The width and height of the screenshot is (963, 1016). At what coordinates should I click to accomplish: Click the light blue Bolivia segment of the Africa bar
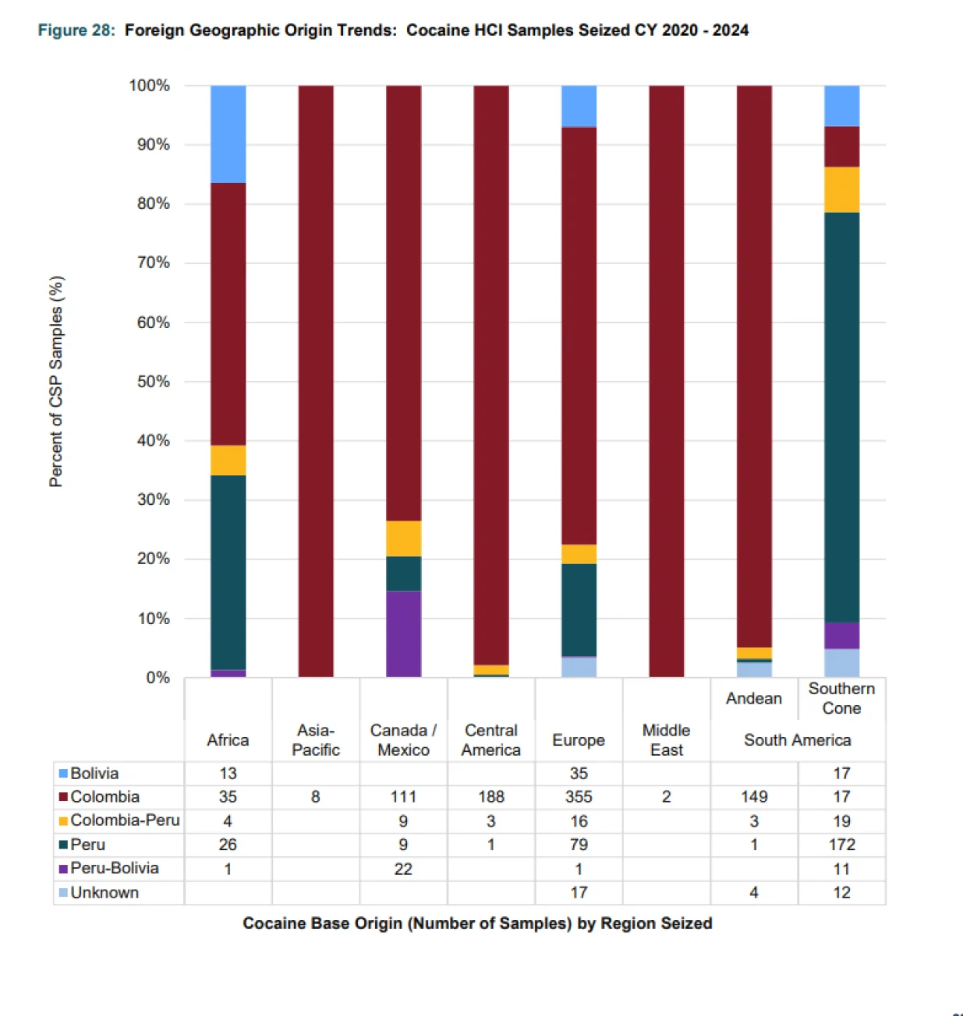(x=228, y=134)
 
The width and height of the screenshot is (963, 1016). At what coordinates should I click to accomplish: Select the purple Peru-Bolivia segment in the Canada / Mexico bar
(x=403, y=634)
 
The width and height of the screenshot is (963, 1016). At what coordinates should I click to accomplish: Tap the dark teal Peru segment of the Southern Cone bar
(x=841, y=417)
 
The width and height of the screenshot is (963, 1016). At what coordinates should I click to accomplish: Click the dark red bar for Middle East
(x=666, y=381)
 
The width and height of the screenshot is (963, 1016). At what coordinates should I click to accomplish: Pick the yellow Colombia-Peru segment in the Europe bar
(x=579, y=554)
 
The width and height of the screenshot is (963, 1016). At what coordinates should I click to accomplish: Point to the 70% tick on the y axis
(x=153, y=263)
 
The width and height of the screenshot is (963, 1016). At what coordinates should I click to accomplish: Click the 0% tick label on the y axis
(x=158, y=678)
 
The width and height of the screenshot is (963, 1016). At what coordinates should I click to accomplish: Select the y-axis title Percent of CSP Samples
(x=56, y=381)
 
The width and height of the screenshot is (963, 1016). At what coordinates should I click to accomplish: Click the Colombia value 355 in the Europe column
(x=579, y=797)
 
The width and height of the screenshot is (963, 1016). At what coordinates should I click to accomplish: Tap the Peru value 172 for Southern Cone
(x=841, y=845)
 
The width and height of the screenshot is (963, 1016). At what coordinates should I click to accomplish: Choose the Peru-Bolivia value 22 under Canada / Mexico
(x=403, y=869)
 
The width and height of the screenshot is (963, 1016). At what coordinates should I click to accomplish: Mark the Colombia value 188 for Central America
(x=490, y=797)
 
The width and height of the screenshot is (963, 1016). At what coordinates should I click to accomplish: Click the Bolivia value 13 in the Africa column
(x=228, y=774)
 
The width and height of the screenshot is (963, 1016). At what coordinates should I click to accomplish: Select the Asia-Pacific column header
(x=316, y=740)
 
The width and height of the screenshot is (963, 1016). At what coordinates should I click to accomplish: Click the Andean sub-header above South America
(x=753, y=698)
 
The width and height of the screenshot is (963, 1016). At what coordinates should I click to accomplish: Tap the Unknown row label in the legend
(x=104, y=893)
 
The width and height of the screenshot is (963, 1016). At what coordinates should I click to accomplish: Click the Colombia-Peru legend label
(x=125, y=820)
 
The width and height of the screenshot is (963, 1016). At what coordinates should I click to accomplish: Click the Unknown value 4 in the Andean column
(x=753, y=893)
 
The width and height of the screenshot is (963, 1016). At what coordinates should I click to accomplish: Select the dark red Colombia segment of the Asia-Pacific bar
(x=316, y=381)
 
